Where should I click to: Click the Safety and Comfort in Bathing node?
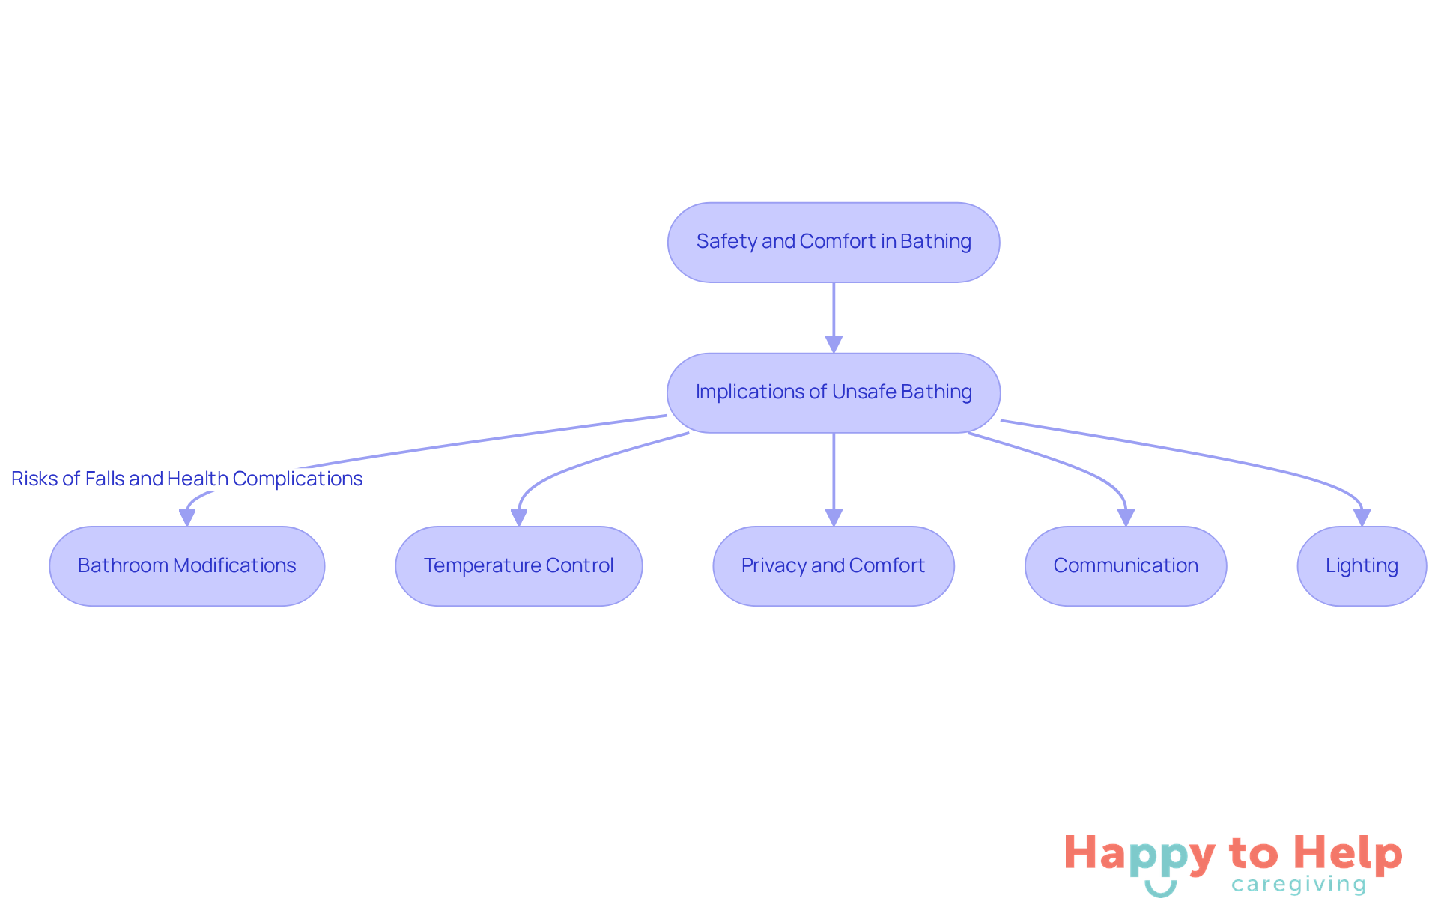(x=833, y=242)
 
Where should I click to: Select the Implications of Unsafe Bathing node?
(x=833, y=392)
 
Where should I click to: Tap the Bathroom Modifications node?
(x=186, y=565)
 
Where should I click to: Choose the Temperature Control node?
(x=518, y=565)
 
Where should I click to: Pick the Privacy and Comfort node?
(x=833, y=565)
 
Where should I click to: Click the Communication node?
(x=1125, y=565)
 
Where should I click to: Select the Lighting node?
(x=1361, y=565)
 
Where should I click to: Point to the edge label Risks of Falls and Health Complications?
(x=186, y=479)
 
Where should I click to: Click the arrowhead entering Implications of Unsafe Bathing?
(x=834, y=344)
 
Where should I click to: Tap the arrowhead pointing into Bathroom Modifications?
(x=187, y=517)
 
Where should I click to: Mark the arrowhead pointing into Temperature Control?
(x=519, y=517)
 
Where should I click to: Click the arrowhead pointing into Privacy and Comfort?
(x=834, y=517)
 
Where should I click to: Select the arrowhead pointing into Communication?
(x=1126, y=517)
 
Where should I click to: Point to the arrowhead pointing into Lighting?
(x=1362, y=517)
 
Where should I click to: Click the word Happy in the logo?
(x=1139, y=855)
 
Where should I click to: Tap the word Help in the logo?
(x=1347, y=853)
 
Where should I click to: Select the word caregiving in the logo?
(x=1299, y=885)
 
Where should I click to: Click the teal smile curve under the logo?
(x=1160, y=889)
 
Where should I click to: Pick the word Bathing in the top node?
(x=935, y=242)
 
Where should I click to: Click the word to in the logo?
(x=1253, y=854)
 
